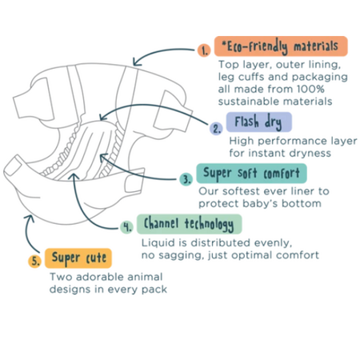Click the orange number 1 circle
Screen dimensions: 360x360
pos(204,50)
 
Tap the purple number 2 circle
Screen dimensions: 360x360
pos(216,129)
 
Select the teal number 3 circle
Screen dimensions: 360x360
pos(186,179)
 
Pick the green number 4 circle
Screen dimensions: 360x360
pos(126,227)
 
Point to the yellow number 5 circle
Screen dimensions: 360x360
pos(35,261)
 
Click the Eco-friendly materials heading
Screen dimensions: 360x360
pos(281,46)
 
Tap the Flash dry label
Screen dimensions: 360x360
pos(259,122)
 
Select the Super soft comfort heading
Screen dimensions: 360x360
pos(251,174)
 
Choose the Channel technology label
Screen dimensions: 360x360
pos(189,224)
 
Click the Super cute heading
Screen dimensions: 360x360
pos(78,258)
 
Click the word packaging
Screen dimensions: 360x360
pos(320,78)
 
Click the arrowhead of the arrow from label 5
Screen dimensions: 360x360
pos(29,218)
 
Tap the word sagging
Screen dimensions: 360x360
pos(180,256)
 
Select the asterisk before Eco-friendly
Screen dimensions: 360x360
pos(223,43)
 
